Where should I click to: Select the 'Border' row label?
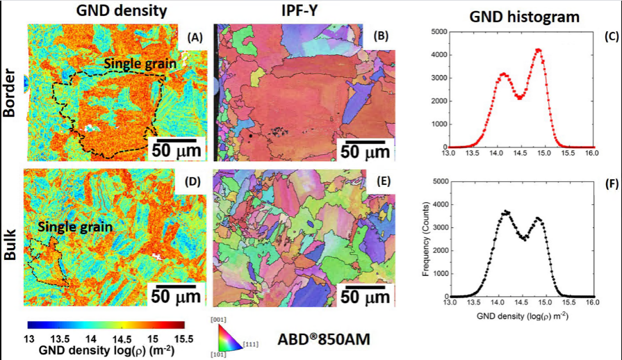(x=10, y=93)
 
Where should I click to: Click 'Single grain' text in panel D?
(x=65, y=227)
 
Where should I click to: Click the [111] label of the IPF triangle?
(x=251, y=344)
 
